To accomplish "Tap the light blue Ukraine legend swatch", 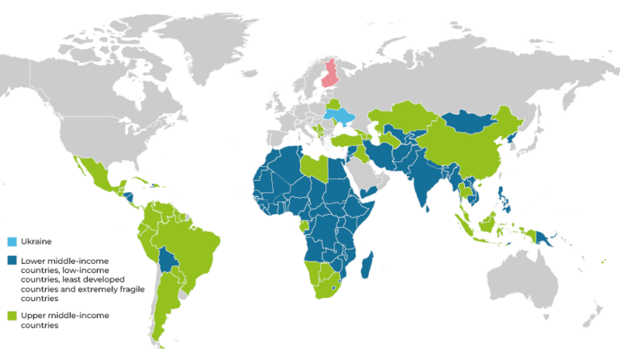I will click(x=12, y=241).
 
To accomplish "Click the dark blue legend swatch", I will click(x=12, y=260).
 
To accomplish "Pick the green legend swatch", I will click(x=12, y=315).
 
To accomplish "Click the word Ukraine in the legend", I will click(x=36, y=241).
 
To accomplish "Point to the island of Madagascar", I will click(x=368, y=266).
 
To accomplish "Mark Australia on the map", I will click(x=533, y=278).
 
